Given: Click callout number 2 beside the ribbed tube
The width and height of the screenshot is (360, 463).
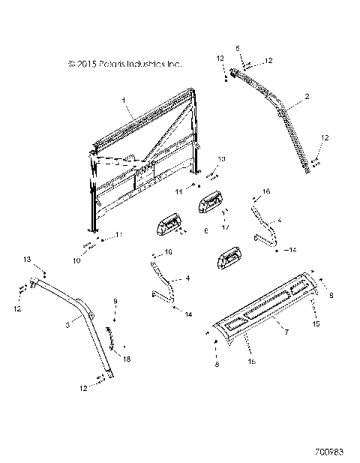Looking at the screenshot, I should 307,97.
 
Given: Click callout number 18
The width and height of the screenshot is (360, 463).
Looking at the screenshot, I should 126,359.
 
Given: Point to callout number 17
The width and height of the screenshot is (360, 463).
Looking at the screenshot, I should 226,226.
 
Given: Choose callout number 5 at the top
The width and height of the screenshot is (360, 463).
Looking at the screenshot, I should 238,48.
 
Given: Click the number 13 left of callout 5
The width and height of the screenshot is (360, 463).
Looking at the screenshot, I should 220,58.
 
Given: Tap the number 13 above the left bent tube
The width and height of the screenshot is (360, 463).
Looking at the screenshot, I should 28,259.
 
